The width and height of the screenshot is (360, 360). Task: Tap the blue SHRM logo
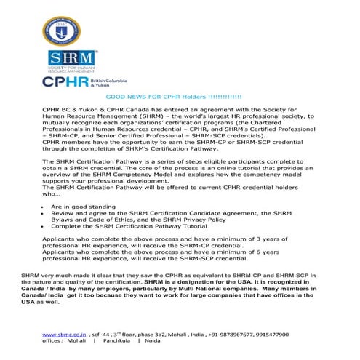[71, 61]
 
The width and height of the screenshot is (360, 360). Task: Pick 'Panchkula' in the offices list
[116, 340]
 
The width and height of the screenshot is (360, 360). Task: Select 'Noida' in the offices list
[153, 340]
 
